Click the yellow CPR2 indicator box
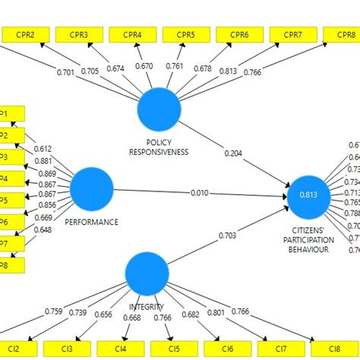[x=27, y=34]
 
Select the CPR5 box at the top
[x=186, y=34]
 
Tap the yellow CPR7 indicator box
[x=293, y=34]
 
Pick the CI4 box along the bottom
[x=121, y=349]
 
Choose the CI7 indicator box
[x=281, y=349]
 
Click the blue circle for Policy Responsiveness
[x=159, y=109]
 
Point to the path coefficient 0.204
[x=234, y=153]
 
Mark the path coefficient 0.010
[x=200, y=193]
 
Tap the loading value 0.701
[x=66, y=73]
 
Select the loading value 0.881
[x=43, y=161]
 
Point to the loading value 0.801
[x=215, y=311]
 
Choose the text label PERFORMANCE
[x=92, y=222]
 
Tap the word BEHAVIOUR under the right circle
[x=308, y=249]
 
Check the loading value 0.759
[x=54, y=311]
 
